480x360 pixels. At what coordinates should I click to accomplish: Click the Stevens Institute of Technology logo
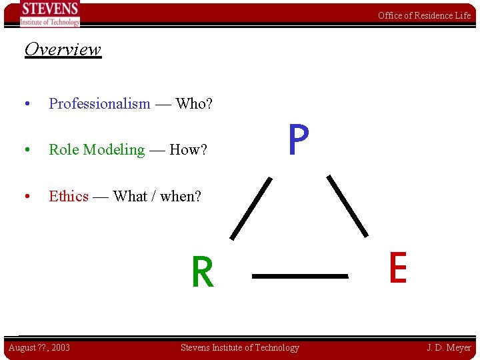tap(50, 14)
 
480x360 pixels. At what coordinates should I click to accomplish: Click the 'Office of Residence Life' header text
tap(424, 15)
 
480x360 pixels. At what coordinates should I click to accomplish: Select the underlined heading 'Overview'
tap(63, 49)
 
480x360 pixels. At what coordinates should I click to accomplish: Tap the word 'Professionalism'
tap(99, 103)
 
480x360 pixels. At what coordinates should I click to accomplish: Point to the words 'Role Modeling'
tap(97, 150)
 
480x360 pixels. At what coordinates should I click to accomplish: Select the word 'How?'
tap(189, 150)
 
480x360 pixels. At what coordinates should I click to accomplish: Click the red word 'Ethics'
tap(69, 196)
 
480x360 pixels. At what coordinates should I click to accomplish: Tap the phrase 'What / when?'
tap(157, 196)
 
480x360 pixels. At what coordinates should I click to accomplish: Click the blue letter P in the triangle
tap(299, 139)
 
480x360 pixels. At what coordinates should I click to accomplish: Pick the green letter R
tap(203, 273)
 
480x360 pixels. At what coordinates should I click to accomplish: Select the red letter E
tap(397, 268)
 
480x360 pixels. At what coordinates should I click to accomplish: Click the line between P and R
tap(251, 208)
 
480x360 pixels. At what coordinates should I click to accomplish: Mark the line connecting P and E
tap(347, 206)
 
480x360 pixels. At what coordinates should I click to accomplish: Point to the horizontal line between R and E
tap(300, 275)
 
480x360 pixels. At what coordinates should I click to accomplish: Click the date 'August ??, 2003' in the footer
tap(39, 347)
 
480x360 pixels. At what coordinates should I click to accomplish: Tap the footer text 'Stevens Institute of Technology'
tap(240, 347)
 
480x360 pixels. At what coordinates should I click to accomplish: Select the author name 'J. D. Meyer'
tap(449, 347)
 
